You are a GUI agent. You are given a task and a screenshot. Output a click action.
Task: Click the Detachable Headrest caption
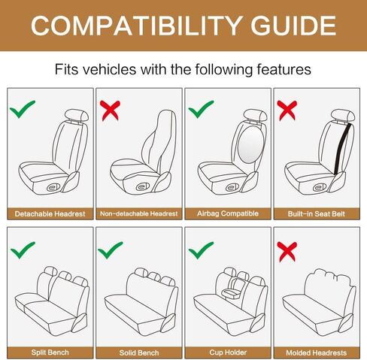pos(50,213)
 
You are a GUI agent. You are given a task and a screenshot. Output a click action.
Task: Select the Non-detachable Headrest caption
pos(138,213)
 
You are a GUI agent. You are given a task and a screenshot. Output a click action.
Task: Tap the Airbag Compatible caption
pos(227,213)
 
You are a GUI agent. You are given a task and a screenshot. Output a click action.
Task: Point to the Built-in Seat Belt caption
pos(316,213)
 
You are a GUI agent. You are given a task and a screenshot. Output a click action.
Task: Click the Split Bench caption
pos(50,352)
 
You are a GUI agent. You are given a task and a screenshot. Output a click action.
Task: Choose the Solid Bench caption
pos(138,352)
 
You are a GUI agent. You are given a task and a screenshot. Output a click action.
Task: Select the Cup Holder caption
pos(227,352)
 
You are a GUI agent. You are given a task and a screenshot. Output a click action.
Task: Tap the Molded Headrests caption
pos(316,352)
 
